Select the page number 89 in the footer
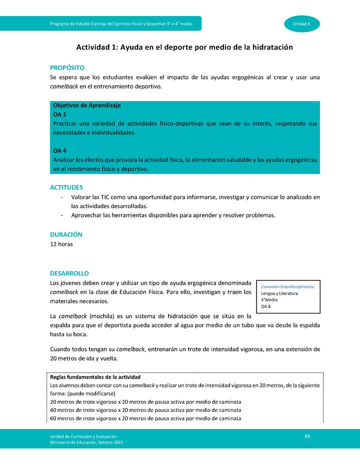tap(307, 437)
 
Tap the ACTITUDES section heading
tap(66, 187)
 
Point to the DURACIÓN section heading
tap(66, 234)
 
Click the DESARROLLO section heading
tap(69, 273)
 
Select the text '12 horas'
tap(61, 244)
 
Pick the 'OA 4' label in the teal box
tap(60, 150)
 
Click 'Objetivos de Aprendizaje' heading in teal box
tap(86, 105)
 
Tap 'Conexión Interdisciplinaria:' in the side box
tap(287, 287)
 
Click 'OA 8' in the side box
tap(266, 306)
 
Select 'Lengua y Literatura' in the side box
tap(279, 293)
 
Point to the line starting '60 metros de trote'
tap(146, 418)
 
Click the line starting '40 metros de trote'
tap(146, 410)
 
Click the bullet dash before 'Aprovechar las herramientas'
tap(60, 215)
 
